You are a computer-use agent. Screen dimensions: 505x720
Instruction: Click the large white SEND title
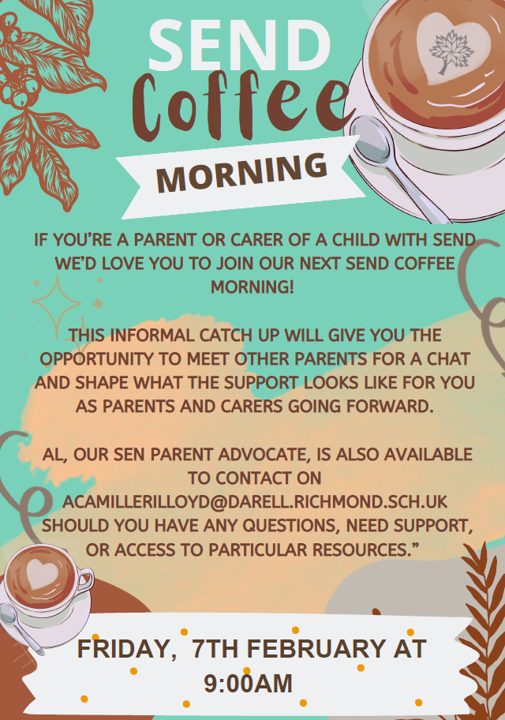tap(239, 46)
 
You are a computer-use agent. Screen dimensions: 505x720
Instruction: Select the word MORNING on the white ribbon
tap(241, 173)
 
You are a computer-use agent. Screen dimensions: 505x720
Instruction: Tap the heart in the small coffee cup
tap(43, 573)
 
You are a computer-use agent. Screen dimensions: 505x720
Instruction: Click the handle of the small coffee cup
tap(85, 580)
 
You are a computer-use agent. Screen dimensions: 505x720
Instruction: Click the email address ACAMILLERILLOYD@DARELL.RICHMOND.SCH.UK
tap(255, 502)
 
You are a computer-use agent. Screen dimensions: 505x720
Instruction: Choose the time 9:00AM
tap(248, 683)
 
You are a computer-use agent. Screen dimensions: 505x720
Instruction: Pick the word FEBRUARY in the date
tap(316, 648)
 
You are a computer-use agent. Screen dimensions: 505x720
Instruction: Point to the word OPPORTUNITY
tap(96, 358)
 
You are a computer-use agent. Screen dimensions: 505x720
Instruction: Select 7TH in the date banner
tap(215, 648)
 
